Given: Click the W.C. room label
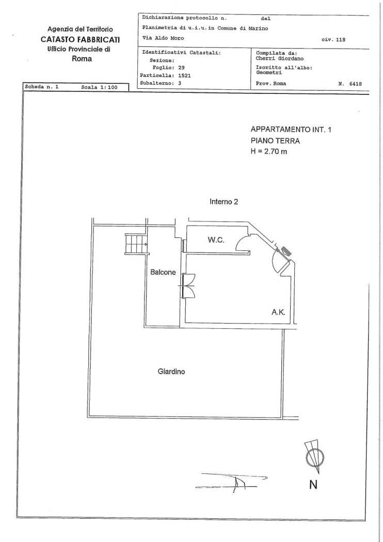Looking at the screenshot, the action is (216, 240).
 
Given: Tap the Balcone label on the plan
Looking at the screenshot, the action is (163, 273).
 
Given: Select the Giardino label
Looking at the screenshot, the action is (171, 372).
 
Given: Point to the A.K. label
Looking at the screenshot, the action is (278, 312).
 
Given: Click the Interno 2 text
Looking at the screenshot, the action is (224, 201).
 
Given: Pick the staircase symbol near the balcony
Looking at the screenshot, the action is (136, 244).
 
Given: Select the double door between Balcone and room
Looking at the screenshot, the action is (188, 285).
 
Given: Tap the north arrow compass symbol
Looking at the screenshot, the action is (314, 456).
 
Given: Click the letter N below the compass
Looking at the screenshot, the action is (313, 485).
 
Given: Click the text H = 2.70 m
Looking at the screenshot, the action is (268, 151).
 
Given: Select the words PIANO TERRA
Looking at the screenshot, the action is (275, 141).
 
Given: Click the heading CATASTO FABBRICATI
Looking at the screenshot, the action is (80, 39).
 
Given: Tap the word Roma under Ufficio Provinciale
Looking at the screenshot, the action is (82, 59).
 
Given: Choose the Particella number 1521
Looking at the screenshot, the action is (185, 75).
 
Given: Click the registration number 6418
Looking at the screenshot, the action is (355, 84).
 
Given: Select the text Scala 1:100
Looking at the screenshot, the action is (99, 87).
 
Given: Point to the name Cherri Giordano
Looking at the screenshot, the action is (280, 59).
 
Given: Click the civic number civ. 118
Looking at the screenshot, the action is (333, 39).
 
